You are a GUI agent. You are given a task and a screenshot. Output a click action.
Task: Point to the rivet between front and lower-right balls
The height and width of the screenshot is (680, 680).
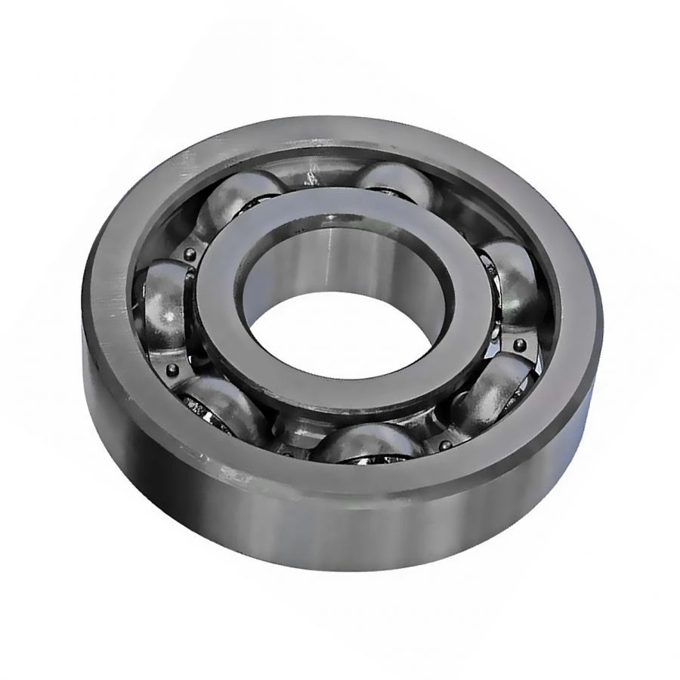pyautogui.click(x=442, y=445)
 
